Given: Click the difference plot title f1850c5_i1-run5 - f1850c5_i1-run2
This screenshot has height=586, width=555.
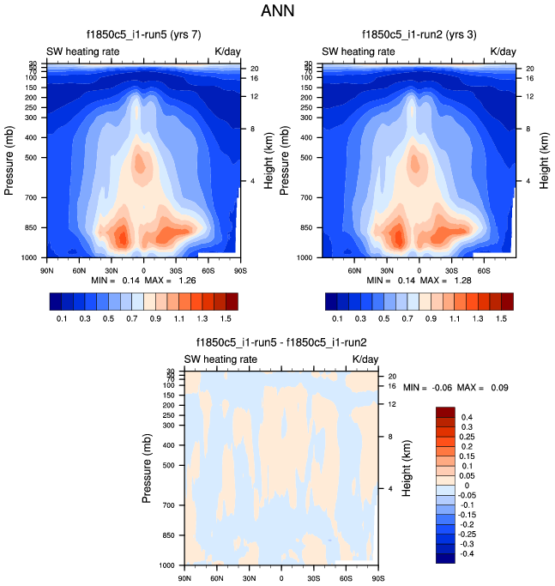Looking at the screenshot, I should (281, 341).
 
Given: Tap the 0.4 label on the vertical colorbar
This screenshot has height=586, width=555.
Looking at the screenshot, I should (468, 417).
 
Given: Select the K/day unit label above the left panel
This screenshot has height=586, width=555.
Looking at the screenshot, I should (227, 51).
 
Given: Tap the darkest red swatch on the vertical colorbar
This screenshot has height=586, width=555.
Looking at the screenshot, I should (445, 412).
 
